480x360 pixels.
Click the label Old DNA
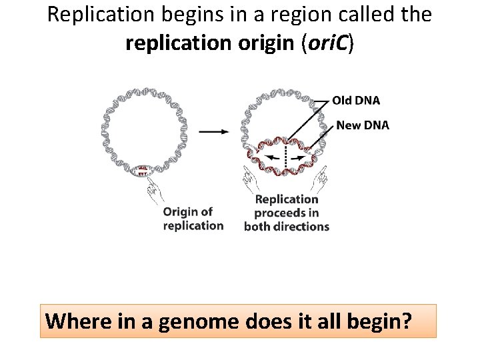pos(356,101)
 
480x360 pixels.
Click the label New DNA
pos(362,125)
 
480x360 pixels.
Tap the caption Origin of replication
pos(193,219)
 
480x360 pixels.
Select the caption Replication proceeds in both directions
pos(287,213)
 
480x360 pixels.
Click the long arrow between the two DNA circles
pos(214,131)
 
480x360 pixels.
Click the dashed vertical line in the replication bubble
pos(287,159)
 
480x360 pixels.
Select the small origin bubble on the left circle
pos(141,171)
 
